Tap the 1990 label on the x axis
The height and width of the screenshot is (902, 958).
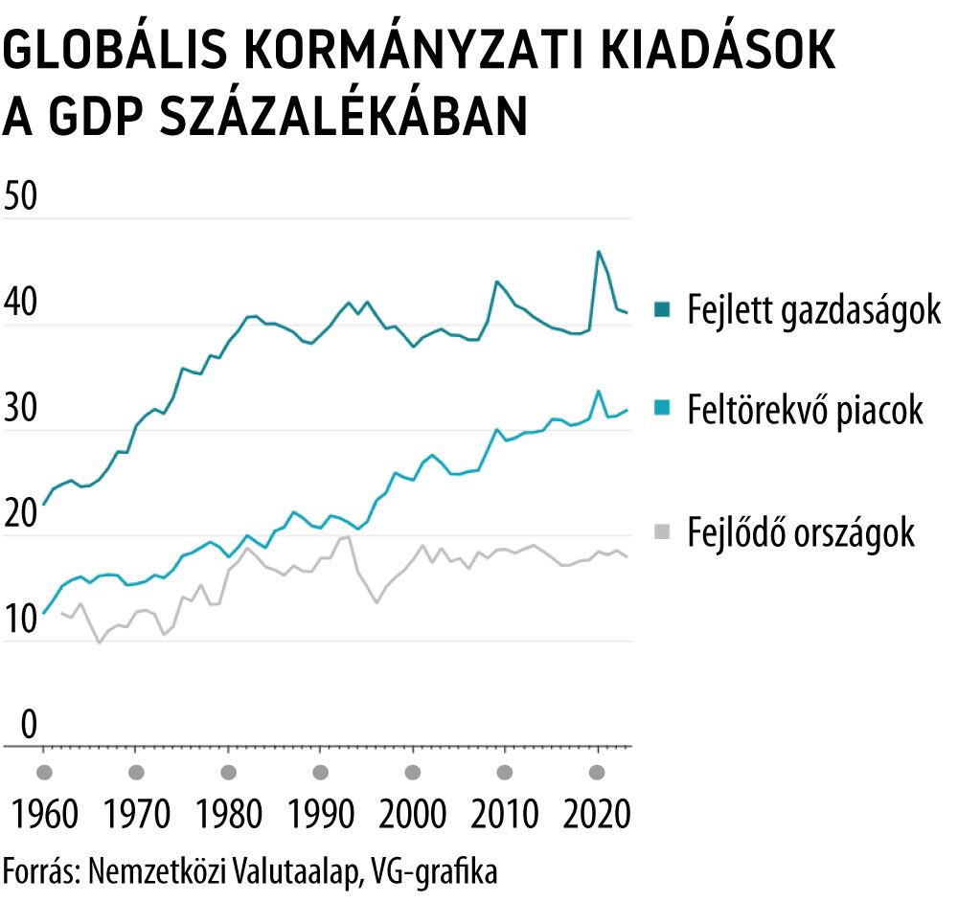(x=321, y=817)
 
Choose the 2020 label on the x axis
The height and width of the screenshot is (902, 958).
(x=598, y=817)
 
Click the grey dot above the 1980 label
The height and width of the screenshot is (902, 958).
(x=228, y=773)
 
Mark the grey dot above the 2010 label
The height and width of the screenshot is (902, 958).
(x=505, y=773)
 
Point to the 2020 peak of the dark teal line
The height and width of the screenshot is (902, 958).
(x=598, y=252)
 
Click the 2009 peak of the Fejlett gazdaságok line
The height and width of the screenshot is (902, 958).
(x=496, y=282)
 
